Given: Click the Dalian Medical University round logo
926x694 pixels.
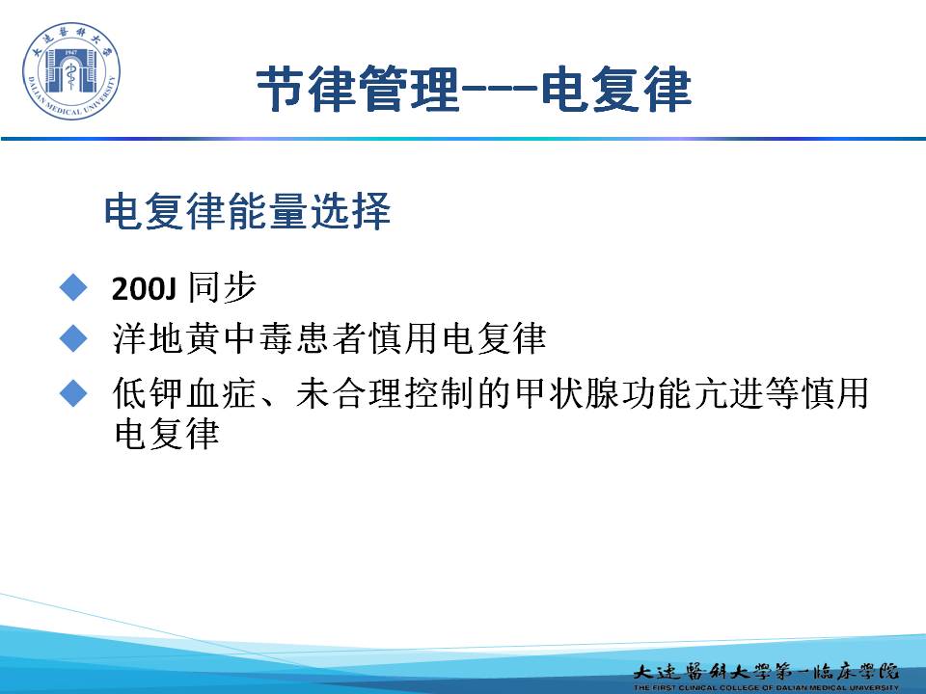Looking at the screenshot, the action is [x=70, y=71].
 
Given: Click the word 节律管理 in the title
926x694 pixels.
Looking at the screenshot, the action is [x=358, y=89].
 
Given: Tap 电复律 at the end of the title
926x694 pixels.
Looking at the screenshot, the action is [x=616, y=89].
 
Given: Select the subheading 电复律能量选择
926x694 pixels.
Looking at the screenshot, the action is [x=247, y=211].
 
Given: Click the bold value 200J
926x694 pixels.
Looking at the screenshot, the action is [x=144, y=289].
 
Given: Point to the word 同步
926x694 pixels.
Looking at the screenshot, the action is [x=222, y=288].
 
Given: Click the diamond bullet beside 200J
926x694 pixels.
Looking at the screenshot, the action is [x=73, y=288].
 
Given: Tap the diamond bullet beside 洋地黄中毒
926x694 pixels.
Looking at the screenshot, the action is [x=73, y=338].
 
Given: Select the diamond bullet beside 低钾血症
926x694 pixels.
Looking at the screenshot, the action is [x=73, y=392].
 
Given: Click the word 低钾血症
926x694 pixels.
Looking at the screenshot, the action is [x=185, y=393].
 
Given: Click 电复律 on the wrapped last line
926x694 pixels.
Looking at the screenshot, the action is [x=167, y=434].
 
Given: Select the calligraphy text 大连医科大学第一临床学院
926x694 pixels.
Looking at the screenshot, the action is [x=766, y=671].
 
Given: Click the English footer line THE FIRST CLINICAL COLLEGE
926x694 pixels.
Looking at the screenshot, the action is [x=766, y=687].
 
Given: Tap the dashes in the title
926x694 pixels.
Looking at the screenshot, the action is [x=500, y=90].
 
